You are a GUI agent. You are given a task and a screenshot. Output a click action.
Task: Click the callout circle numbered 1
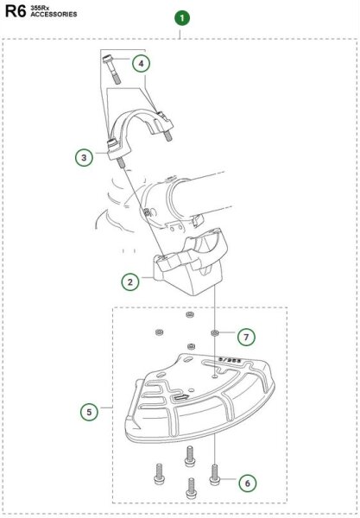(x=182, y=18)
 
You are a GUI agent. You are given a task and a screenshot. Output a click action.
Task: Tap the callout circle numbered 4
(x=142, y=64)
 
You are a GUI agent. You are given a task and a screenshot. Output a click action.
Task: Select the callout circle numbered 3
(x=84, y=157)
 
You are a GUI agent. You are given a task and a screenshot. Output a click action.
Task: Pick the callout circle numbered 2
(x=130, y=282)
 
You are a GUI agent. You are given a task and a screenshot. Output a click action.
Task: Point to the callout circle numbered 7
(x=246, y=338)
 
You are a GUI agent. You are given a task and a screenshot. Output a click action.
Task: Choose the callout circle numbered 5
(x=89, y=413)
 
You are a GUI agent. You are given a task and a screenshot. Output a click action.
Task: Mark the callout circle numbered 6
(x=248, y=483)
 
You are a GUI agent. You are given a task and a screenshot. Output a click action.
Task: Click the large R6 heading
(x=16, y=11)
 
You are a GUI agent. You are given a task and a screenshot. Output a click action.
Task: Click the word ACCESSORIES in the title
(x=54, y=14)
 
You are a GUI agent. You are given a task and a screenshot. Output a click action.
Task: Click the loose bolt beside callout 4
(x=111, y=69)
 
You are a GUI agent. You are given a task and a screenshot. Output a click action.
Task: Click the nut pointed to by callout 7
(x=215, y=332)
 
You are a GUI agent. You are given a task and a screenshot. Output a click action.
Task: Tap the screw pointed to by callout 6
(x=215, y=474)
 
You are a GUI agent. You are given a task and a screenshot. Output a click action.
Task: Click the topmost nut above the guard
(x=190, y=314)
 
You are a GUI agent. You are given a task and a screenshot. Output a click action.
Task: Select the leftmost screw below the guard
(x=159, y=473)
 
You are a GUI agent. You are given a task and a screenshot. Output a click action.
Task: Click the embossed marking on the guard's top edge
(x=231, y=359)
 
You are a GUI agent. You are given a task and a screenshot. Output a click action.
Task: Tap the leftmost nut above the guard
(x=159, y=332)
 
